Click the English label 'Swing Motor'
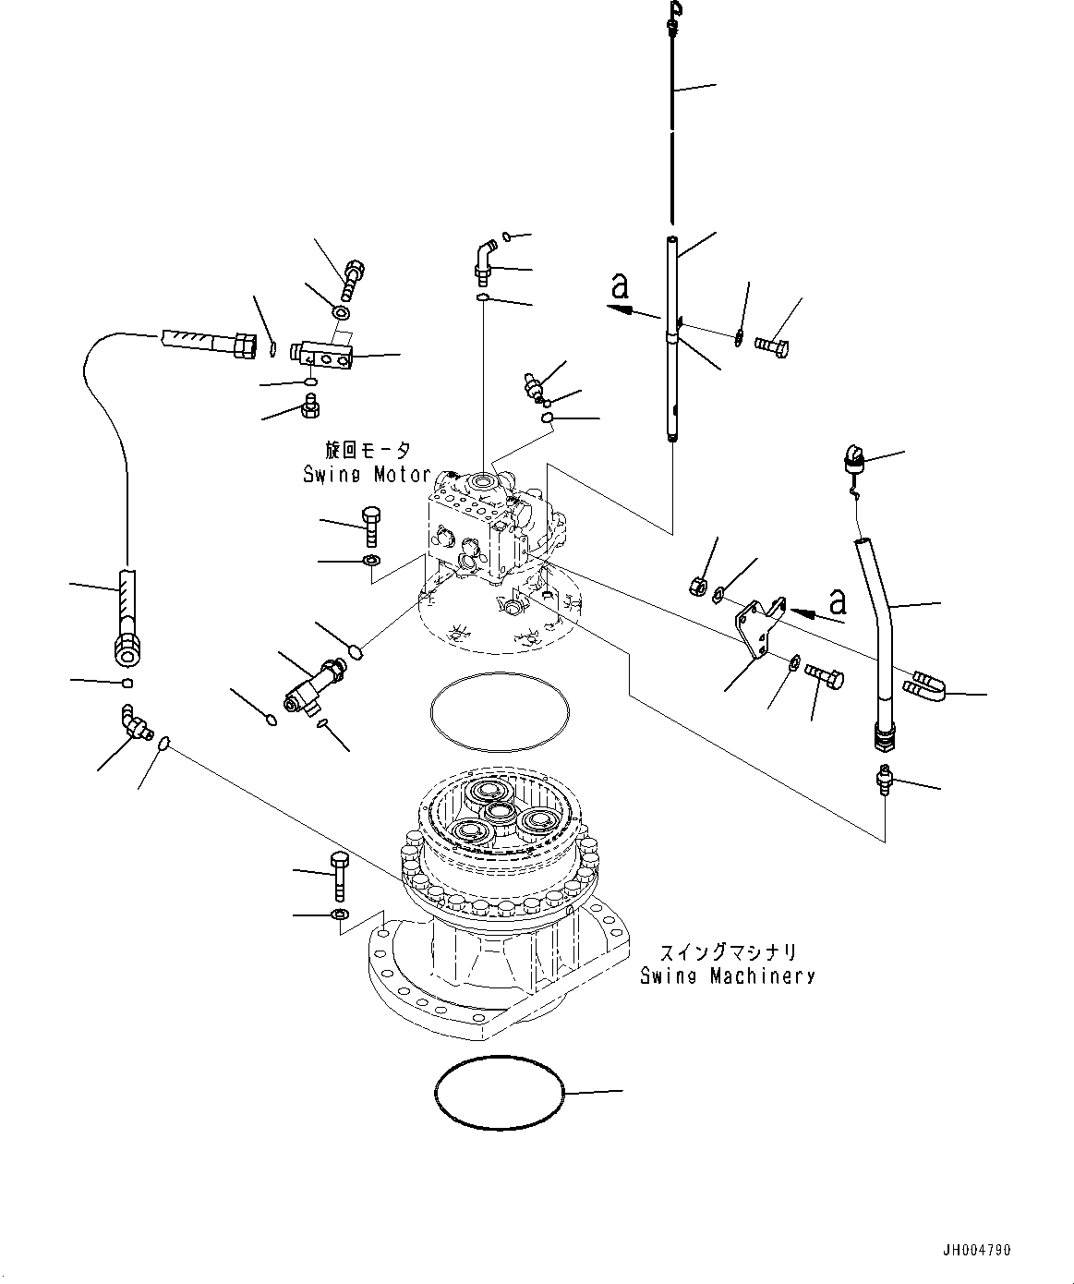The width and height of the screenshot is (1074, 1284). coord(367,475)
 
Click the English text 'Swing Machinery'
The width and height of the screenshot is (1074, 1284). coord(728,975)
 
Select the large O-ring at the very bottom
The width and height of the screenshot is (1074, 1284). coord(499,1093)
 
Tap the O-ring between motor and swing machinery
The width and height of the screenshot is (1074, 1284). coord(499,709)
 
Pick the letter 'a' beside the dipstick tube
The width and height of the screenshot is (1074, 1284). coord(620,288)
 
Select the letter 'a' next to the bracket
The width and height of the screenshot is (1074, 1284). coord(838,602)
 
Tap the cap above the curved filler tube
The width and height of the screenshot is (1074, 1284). coord(851,458)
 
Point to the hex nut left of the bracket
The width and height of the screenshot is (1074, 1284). coord(699,585)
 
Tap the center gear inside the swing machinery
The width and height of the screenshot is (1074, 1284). coord(500,812)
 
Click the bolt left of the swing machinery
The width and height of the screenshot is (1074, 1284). coord(338,875)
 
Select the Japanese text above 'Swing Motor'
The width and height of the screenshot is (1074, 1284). coord(367,451)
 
